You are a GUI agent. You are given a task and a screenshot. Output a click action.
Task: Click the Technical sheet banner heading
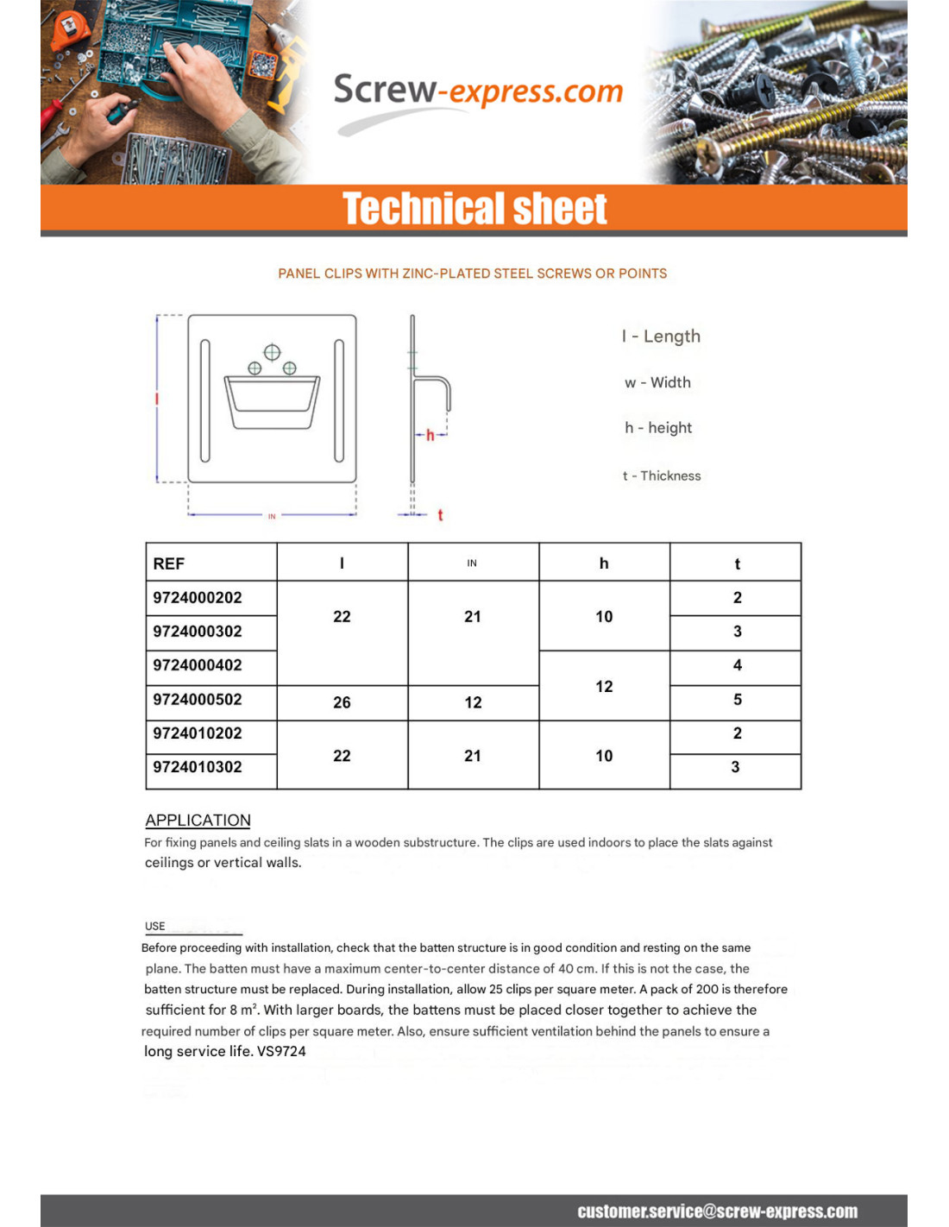474,209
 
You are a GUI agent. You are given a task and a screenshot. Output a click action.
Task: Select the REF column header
169,563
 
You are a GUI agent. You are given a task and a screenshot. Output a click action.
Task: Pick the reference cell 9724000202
198,598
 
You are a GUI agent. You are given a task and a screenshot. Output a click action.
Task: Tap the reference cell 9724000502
198,700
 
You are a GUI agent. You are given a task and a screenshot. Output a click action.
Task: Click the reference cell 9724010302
198,767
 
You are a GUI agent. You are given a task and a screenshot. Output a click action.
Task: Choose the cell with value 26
342,702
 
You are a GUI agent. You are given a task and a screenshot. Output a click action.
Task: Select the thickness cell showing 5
737,700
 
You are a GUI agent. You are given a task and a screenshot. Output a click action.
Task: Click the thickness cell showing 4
737,665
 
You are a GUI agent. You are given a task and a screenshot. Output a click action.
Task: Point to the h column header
604,563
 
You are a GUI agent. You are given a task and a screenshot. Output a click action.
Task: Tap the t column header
737,563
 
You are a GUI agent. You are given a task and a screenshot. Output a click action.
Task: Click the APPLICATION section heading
198,820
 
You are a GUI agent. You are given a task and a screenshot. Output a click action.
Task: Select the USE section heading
155,926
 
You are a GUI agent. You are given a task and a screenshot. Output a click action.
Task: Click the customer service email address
717,1211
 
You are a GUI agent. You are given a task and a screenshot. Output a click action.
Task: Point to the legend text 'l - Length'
661,337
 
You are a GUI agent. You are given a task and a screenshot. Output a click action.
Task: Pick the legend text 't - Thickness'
662,475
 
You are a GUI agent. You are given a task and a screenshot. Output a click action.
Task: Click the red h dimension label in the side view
430,435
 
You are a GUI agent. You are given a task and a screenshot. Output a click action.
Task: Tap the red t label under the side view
440,515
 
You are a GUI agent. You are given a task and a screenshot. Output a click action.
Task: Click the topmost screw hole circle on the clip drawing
272,352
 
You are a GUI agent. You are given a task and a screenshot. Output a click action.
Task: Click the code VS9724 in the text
281,1051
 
